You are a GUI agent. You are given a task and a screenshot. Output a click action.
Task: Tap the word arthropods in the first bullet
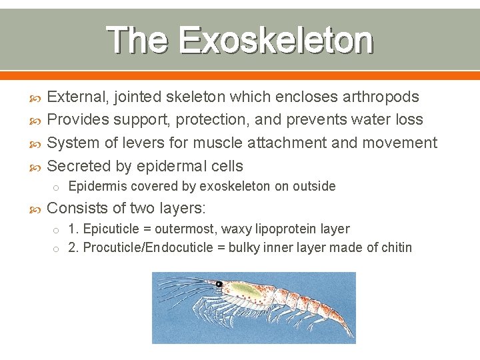pyautogui.click(x=381, y=97)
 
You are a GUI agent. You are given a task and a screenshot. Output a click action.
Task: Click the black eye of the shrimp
pyautogui.click(x=219, y=285)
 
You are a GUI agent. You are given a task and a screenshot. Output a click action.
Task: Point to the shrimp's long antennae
pyautogui.click(x=180, y=283)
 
